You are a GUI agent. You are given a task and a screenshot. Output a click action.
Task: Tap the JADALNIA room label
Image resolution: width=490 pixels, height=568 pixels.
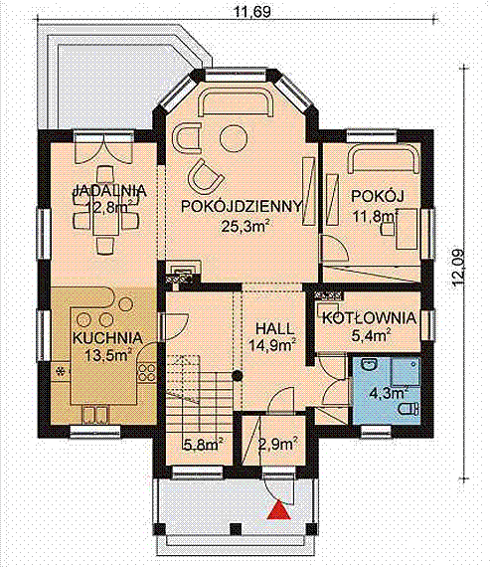[109, 191]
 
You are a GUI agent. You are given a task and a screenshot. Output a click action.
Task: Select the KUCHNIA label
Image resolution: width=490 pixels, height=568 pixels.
[107, 337]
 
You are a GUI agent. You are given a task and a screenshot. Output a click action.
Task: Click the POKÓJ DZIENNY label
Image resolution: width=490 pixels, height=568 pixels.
[242, 206]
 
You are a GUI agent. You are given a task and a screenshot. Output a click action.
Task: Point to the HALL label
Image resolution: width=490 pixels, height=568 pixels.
[275, 329]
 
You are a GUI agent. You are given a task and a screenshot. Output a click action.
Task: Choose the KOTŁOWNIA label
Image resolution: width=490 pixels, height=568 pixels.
[369, 318]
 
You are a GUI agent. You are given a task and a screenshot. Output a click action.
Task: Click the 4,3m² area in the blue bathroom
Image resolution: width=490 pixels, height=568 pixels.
[389, 392]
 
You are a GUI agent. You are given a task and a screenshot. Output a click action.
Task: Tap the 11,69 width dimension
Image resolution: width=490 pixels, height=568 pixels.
[252, 12]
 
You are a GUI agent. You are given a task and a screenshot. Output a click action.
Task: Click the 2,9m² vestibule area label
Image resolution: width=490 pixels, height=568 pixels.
[278, 444]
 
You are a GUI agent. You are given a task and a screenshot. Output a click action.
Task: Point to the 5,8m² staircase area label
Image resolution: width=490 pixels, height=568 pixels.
[203, 444]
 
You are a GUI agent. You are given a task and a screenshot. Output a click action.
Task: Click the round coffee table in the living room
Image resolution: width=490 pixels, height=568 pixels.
[235, 138]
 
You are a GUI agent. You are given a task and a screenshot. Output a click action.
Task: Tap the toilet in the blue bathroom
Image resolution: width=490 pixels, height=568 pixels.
[409, 409]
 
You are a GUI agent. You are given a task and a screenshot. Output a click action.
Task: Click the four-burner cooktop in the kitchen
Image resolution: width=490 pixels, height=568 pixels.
[146, 373]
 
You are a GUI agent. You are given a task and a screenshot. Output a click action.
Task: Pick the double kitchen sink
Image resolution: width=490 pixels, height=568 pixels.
[94, 415]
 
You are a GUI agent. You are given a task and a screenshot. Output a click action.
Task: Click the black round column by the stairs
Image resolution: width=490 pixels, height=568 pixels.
[237, 376]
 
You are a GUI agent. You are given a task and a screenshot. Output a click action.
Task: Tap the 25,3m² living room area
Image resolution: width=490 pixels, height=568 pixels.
[245, 227]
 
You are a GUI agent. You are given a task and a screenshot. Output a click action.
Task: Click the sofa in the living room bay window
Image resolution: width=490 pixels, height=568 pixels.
[236, 101]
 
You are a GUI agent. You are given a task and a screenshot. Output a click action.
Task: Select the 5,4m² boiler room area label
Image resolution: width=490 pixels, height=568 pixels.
[371, 335]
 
